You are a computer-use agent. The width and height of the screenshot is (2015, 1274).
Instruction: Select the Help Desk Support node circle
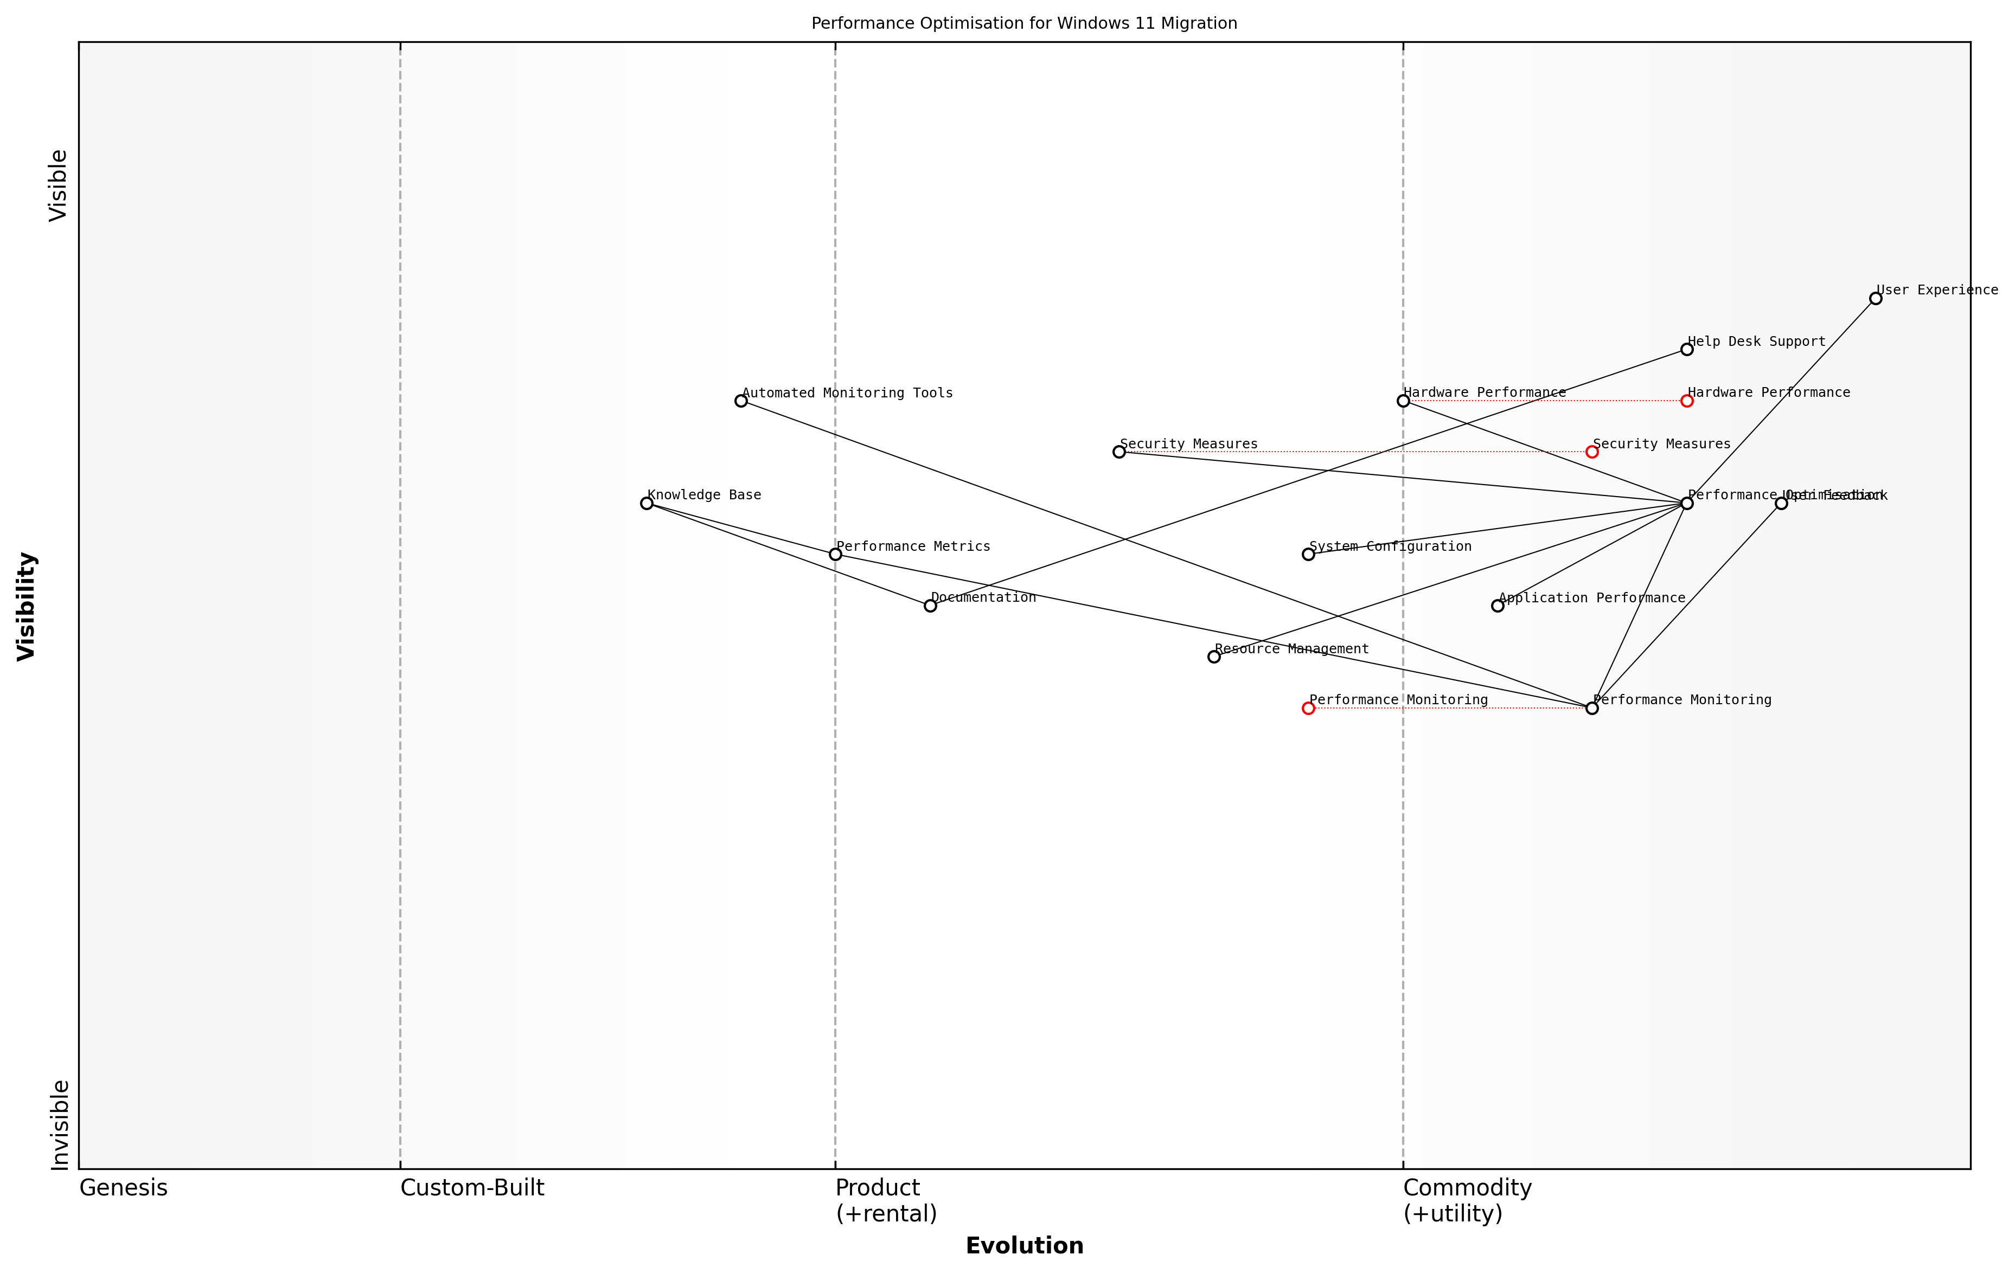pyautogui.click(x=1686, y=350)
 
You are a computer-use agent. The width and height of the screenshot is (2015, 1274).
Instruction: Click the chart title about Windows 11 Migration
pyautogui.click(x=1024, y=23)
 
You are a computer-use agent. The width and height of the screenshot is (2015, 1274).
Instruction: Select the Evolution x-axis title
pyautogui.click(x=1024, y=1246)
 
